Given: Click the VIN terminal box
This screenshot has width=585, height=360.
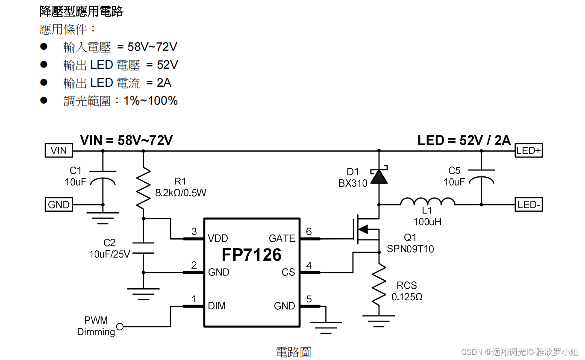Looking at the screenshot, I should click(x=59, y=150).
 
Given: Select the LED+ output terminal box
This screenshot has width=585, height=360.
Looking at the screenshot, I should click(x=529, y=150).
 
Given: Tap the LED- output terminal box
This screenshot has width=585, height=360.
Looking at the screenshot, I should click(x=529, y=205).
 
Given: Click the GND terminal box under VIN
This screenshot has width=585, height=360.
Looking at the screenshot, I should click(x=59, y=205).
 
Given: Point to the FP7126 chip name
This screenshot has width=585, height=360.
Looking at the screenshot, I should click(x=251, y=255).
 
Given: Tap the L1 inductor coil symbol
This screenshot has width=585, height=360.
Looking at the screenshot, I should click(x=427, y=202).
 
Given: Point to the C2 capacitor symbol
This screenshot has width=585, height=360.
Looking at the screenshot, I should click(x=143, y=248).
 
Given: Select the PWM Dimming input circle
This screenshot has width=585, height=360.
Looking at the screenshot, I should click(x=120, y=327).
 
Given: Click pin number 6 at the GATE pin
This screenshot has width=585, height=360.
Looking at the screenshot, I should click(x=309, y=231).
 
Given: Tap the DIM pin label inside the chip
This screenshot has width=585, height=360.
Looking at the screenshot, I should click(x=217, y=306).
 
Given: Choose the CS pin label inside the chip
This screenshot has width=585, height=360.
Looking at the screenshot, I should click(x=288, y=272).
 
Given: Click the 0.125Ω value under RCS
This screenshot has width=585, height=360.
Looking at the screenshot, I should click(x=407, y=296).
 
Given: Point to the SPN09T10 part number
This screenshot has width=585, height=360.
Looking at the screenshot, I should click(x=410, y=249).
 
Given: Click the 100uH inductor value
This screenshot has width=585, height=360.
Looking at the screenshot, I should click(x=427, y=222).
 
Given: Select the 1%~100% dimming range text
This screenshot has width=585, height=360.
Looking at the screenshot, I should click(x=150, y=101).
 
